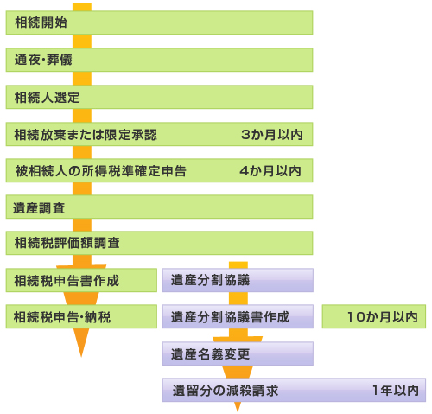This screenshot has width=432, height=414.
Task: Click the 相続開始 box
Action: coord(159,22)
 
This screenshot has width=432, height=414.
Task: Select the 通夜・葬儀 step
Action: coord(159,60)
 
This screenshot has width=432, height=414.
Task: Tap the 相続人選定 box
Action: coord(159,97)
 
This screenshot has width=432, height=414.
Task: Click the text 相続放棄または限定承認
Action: coord(86,135)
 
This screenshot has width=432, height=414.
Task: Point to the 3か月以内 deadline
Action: coord(272,135)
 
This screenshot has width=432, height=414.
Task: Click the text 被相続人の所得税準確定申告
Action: coord(101,171)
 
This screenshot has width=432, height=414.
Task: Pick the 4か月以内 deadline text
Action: coord(270,171)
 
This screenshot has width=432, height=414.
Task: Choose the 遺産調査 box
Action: coord(159,207)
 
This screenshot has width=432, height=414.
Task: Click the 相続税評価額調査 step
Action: coord(159,243)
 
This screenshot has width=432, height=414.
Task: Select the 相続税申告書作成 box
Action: coord(81,280)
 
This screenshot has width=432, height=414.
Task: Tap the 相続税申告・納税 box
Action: coord(81,316)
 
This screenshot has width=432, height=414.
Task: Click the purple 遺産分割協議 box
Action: coord(238,280)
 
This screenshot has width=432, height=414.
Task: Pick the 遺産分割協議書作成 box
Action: coord(238,316)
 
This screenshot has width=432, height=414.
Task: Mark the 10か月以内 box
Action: coord(374,316)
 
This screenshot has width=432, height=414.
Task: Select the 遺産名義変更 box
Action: coord(238,353)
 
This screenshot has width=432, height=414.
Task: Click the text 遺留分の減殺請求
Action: coord(226,391)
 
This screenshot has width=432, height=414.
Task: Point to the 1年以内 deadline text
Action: coord(396,391)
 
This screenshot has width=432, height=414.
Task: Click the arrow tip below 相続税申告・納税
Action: coord(81,357)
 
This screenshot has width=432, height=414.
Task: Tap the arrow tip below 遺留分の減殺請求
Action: coord(238,411)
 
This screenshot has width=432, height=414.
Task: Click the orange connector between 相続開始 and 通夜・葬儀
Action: coord(82,41)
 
